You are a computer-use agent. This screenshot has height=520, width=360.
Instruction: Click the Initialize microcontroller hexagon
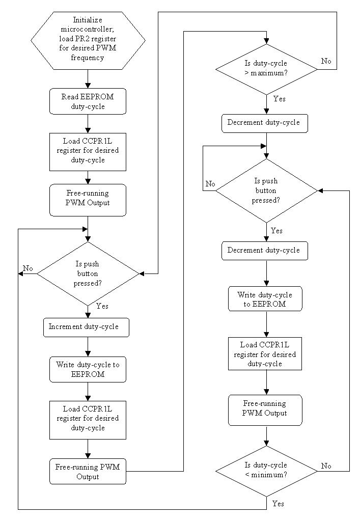(x=88, y=40)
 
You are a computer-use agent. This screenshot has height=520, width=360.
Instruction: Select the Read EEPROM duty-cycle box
(x=88, y=101)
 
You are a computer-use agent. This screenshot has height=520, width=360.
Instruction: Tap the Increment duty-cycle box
(x=86, y=327)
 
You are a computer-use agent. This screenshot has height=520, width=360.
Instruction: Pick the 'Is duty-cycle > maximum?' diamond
(x=266, y=69)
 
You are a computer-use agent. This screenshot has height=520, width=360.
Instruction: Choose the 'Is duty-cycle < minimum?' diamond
(x=266, y=471)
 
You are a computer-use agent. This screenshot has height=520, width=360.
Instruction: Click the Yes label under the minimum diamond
(x=278, y=504)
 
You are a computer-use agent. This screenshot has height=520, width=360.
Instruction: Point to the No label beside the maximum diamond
(x=326, y=61)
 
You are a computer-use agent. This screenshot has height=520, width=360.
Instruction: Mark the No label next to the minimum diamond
(x=326, y=466)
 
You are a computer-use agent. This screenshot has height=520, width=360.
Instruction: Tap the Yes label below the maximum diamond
(x=279, y=99)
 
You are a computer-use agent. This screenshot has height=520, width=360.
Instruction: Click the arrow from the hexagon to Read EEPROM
(x=88, y=79)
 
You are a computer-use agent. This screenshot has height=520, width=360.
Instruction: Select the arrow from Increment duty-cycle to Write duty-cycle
(x=88, y=347)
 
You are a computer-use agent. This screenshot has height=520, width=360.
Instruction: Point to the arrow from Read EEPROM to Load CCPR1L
(x=88, y=123)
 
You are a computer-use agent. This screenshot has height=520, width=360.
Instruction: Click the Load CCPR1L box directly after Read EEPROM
(x=88, y=151)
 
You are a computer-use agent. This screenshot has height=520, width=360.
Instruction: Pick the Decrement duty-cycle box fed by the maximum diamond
(x=265, y=123)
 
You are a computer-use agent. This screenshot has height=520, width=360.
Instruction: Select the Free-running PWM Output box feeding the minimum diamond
(x=265, y=409)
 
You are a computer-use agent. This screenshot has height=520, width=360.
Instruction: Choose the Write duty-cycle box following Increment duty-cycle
(x=88, y=369)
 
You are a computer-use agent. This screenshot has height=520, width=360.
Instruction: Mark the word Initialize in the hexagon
(x=88, y=20)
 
